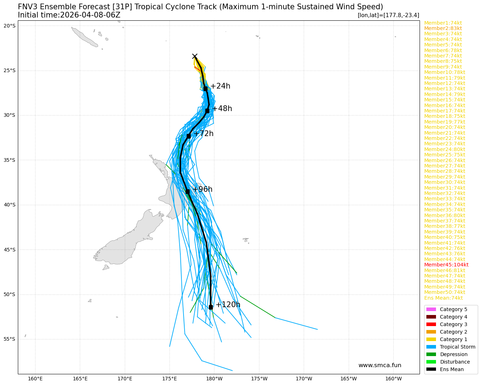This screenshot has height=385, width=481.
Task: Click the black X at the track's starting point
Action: coord(195,56)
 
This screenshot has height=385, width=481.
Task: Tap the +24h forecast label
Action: coord(220,86)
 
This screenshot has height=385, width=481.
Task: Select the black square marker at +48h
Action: coord(207,111)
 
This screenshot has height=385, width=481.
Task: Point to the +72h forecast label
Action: coord(203,134)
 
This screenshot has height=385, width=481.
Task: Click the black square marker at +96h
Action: coord(187,191)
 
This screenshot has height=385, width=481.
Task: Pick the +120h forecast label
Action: coord(227,305)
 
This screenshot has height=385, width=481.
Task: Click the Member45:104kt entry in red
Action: coord(446,265)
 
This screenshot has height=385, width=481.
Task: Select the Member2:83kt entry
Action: coord(443,28)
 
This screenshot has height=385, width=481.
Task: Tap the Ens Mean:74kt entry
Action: coord(443,298)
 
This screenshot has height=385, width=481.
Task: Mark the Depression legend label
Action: coord(454,354)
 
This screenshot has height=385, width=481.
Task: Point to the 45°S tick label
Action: coord(10,250)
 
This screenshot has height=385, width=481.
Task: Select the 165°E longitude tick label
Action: coord(80,379)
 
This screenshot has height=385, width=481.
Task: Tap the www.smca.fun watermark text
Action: coord(380,365)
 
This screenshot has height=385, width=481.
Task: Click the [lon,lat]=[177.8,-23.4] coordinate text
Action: coord(388,15)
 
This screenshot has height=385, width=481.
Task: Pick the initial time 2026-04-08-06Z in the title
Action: coord(90,15)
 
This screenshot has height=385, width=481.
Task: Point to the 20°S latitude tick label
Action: coord(10,26)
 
